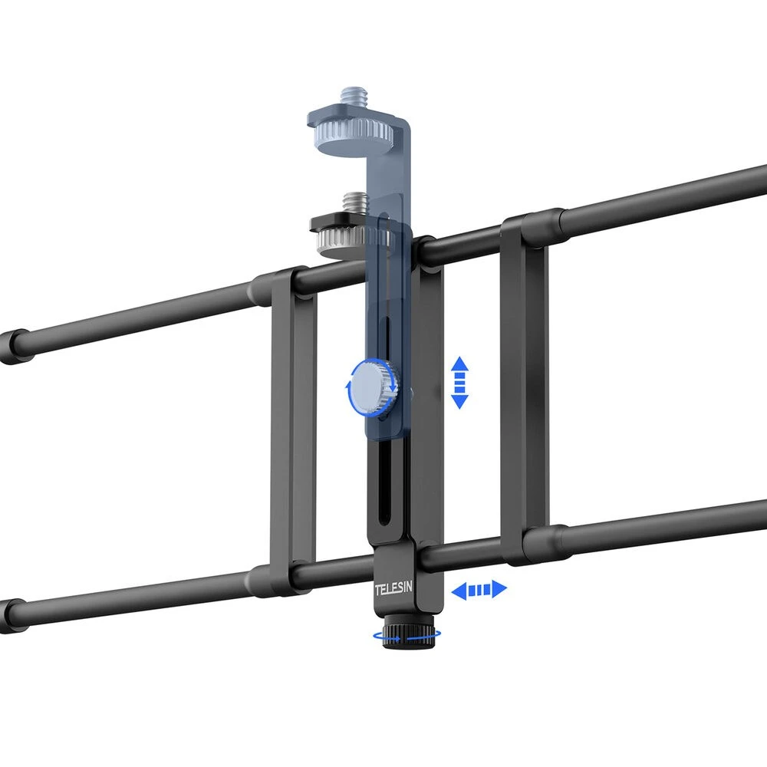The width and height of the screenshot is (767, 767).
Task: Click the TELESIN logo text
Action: [393, 588]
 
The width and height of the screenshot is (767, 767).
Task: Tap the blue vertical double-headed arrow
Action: [459, 383]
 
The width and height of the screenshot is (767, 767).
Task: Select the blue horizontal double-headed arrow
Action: [479, 589]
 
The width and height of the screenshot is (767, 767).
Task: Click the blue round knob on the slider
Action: [374, 387]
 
